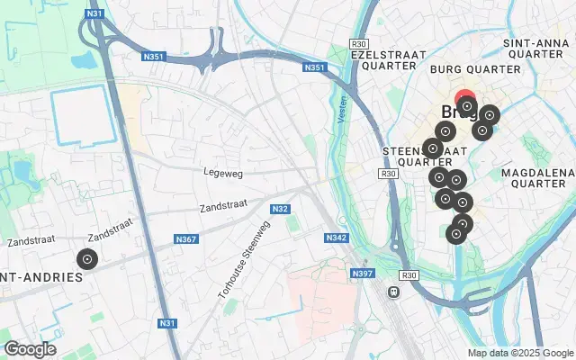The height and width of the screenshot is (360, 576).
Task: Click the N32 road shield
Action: pyautogui.click(x=280, y=209)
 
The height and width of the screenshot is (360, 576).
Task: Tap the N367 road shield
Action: pyautogui.click(x=186, y=239)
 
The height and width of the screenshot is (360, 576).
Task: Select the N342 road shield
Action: pyautogui.click(x=336, y=238)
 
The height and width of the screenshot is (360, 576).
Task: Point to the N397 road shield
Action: pyautogui.click(x=363, y=273)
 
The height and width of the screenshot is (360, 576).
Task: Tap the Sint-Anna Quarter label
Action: pyautogui.click(x=538, y=49)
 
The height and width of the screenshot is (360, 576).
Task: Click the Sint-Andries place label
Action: pyautogui.click(x=40, y=277)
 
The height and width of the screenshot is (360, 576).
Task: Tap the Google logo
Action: pyautogui.click(x=30, y=349)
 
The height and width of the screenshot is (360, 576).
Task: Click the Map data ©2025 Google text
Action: pyautogui.click(x=520, y=353)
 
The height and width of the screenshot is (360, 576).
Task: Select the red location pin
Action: pyautogui.click(x=465, y=100)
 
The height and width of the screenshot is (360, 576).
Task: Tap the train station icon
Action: pyautogui.click(x=393, y=292)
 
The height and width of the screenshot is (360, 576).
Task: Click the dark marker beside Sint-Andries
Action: pyautogui.click(x=86, y=260)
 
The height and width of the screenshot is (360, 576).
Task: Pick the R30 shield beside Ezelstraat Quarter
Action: pyautogui.click(x=359, y=43)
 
